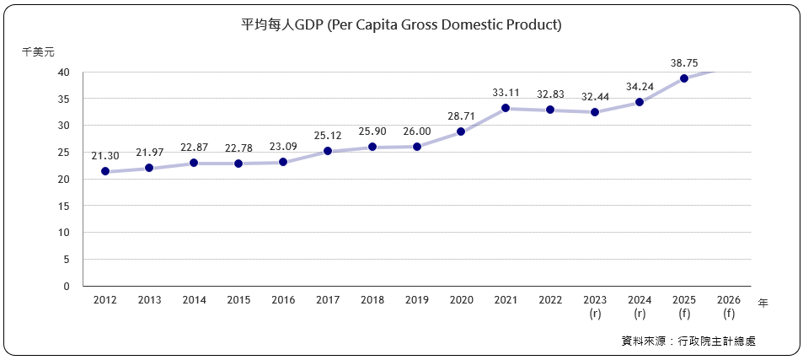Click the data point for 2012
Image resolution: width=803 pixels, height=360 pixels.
[105, 171]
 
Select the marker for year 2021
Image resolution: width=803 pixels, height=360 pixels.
[506, 108]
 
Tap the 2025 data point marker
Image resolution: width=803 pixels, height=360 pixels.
[684, 78]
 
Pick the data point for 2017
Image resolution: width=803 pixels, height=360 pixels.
[328, 151]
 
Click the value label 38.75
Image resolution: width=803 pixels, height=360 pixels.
[684, 62]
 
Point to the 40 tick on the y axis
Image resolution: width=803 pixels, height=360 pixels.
[64, 72]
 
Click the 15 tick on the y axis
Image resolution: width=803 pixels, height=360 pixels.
[64, 206]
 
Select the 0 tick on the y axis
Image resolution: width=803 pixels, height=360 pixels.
[67, 286]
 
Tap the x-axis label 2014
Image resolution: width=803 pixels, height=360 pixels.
[194, 300]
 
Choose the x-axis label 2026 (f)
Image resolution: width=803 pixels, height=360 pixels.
[728, 307]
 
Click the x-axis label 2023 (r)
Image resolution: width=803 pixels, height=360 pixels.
[595, 307]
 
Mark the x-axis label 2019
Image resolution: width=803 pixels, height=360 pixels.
[416, 300]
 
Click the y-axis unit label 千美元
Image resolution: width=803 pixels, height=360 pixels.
[38, 51]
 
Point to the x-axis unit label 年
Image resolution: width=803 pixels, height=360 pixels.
[763, 303]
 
